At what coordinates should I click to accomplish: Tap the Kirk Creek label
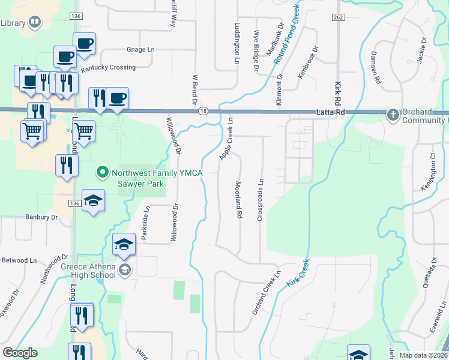pos(297,272)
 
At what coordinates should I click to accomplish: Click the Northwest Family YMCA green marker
pos(102,173)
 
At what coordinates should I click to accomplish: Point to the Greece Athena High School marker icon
pos(125,270)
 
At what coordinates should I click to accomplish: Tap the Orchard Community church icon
pos(393,114)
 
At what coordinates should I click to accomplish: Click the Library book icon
pos(35,23)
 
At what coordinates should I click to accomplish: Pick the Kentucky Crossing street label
pos(109,68)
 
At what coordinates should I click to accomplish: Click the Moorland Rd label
pos(238,200)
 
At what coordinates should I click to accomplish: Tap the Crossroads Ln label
pos(261,199)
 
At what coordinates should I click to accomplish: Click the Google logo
pos(20,353)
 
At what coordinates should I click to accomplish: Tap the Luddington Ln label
pos(237,44)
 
